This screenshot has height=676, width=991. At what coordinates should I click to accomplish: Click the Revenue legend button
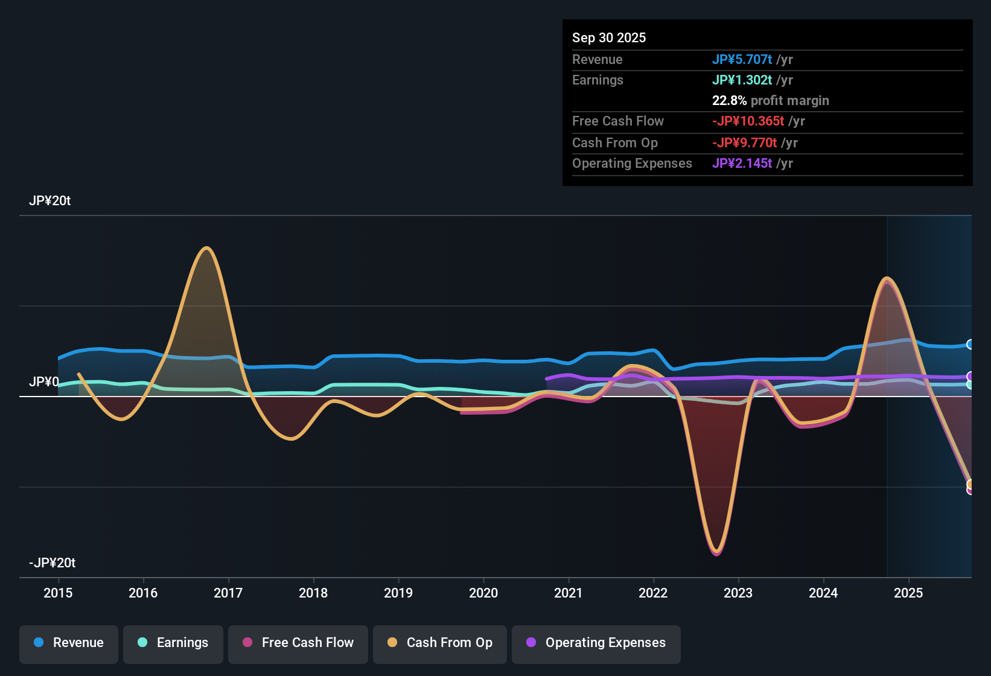pyautogui.click(x=68, y=643)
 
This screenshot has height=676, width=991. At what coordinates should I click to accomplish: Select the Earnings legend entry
pyautogui.click(x=173, y=643)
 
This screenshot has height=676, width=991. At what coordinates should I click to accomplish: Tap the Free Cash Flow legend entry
pyautogui.click(x=298, y=643)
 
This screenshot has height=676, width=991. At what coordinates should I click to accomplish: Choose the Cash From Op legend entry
pyautogui.click(x=439, y=643)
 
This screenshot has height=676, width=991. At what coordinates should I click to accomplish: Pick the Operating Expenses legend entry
pyautogui.click(x=596, y=643)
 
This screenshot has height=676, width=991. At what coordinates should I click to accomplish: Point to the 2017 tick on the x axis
pyautogui.click(x=228, y=593)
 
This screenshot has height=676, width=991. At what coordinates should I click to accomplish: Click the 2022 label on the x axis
pyautogui.click(x=653, y=593)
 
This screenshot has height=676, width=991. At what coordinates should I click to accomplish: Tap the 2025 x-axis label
pyautogui.click(x=908, y=593)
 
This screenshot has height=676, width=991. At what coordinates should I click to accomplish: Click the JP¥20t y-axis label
pyautogui.click(x=49, y=201)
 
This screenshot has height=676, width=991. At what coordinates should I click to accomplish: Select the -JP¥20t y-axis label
pyautogui.click(x=52, y=563)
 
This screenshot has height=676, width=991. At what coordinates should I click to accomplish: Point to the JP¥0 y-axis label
pyautogui.click(x=44, y=382)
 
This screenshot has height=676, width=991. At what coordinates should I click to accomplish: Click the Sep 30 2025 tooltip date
pyautogui.click(x=608, y=37)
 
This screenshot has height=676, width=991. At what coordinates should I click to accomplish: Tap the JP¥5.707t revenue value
pyautogui.click(x=742, y=59)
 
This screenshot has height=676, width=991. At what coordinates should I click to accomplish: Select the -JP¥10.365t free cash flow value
pyautogui.click(x=748, y=121)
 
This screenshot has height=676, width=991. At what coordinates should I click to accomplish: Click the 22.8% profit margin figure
pyautogui.click(x=729, y=100)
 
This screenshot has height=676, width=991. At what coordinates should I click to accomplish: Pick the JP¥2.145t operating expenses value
pyautogui.click(x=742, y=163)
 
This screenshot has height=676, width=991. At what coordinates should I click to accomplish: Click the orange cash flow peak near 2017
pyautogui.click(x=206, y=248)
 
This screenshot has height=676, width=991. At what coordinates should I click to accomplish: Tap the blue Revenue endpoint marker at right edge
pyautogui.click(x=970, y=344)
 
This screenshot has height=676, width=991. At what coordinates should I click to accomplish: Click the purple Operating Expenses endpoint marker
pyautogui.click(x=970, y=377)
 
